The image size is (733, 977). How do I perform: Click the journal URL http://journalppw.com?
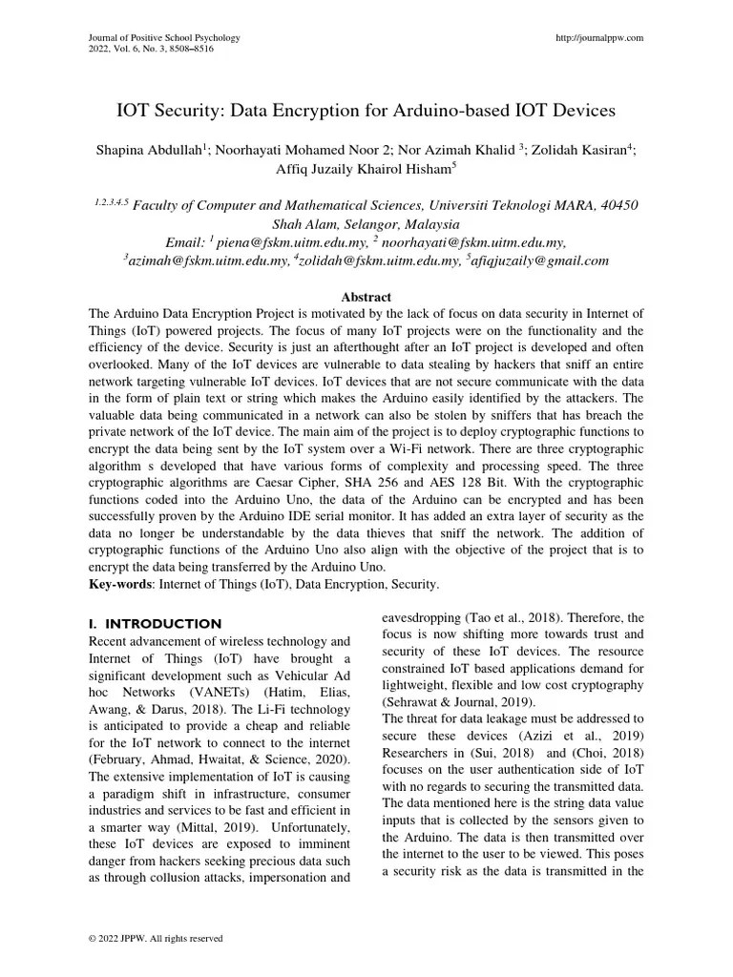599,37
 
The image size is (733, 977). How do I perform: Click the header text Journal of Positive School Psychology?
163,37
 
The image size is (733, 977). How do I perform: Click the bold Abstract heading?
366,298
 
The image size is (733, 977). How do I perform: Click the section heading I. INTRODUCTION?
155,623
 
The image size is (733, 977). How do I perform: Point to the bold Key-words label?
120,583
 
